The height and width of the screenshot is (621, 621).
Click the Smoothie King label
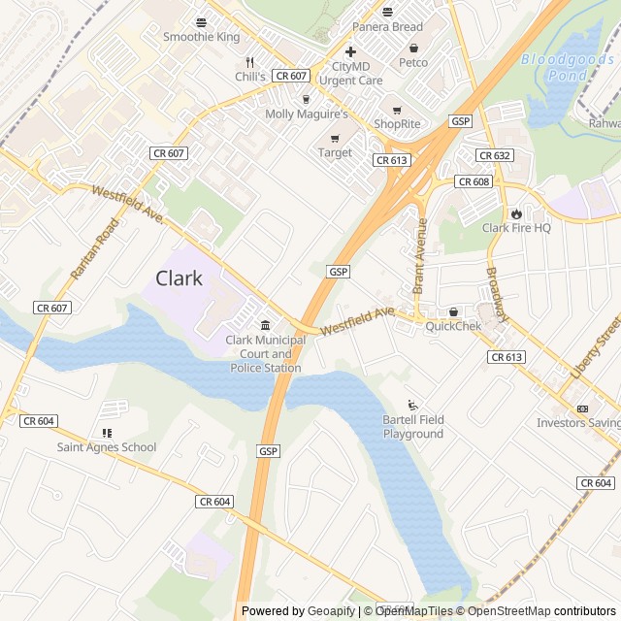coord(201,37)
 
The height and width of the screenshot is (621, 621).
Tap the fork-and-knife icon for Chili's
coord(250,60)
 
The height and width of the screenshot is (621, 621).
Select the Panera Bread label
coord(387,26)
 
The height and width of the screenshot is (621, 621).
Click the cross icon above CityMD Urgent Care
coord(351,51)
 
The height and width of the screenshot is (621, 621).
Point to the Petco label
coord(413,62)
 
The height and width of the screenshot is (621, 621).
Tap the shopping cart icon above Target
coord(336,138)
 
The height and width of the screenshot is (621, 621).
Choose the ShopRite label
coord(397,123)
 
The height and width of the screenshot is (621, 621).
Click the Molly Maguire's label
coord(307,114)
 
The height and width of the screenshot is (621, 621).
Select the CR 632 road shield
coord(495,155)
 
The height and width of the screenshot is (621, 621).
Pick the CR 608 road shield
coord(474,181)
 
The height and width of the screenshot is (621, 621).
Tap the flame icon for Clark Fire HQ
coord(516,213)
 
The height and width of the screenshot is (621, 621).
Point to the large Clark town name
coord(180,278)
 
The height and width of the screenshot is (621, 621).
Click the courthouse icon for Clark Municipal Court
coord(264,324)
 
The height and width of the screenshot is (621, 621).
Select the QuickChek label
coord(453,326)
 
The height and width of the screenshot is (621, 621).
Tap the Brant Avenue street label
coord(420,256)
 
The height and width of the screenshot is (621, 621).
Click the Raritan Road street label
coord(94,249)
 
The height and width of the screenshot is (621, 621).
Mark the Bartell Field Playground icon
coord(413,405)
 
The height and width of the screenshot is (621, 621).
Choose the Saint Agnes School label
coord(107,447)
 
